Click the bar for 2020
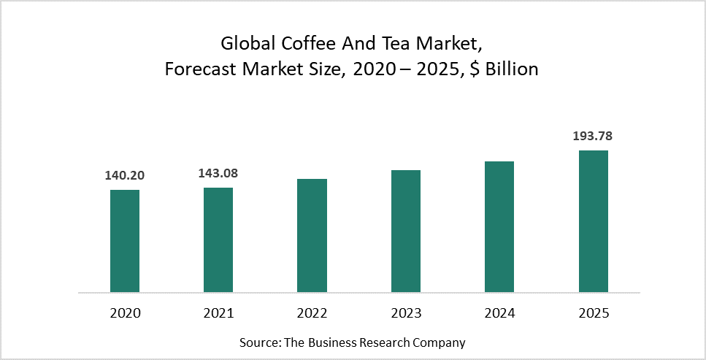pos(125,241)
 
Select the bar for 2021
pos(218,240)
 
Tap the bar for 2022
pos(312,235)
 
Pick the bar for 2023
pos(406,231)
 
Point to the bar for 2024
pos(499,226)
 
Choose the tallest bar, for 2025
pos(593,221)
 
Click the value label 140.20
pos(125,176)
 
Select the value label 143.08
pos(218,174)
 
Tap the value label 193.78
pos(593,137)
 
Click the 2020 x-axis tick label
pos(125,313)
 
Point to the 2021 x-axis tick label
pos(218,313)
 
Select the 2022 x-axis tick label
pos(312,313)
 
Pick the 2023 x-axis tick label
pos(406,313)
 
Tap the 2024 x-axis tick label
pos(499,313)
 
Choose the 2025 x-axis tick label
pos(593,313)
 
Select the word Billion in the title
pos(511,69)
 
